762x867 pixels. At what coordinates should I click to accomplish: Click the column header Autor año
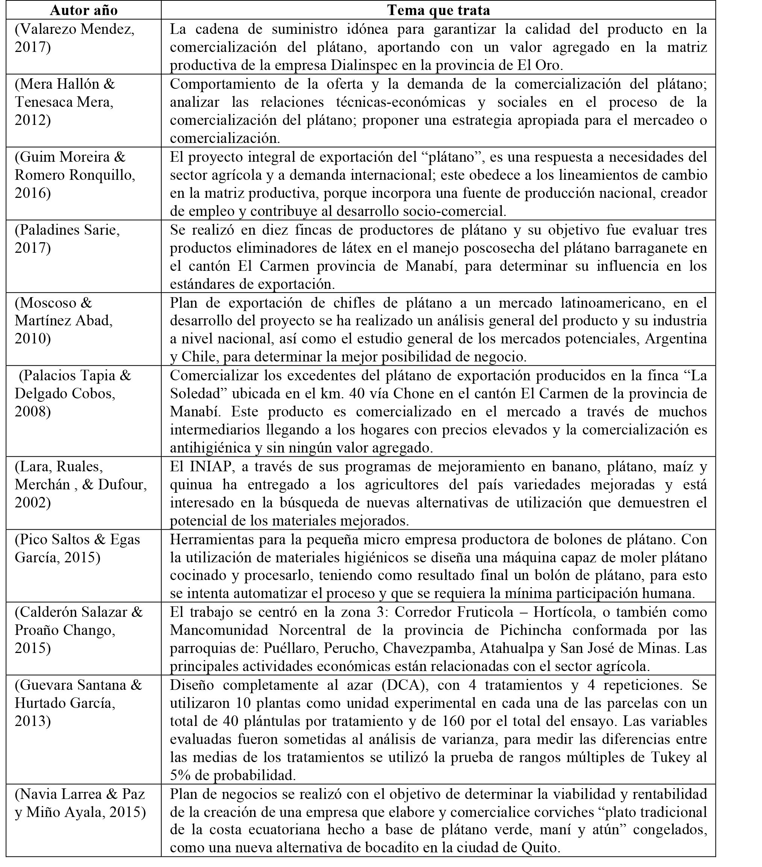[x=83, y=10]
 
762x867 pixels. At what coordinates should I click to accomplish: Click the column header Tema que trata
[x=438, y=10]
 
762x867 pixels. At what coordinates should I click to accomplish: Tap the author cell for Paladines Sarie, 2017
[x=67, y=238]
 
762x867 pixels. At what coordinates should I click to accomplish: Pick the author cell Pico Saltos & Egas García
[x=77, y=548]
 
